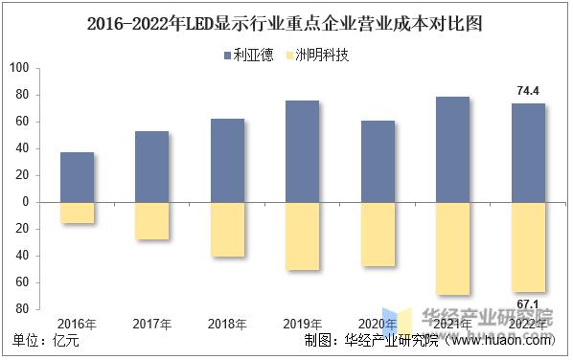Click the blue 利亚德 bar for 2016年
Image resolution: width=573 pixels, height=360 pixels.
click(x=77, y=177)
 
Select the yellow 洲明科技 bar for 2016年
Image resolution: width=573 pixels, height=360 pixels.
click(x=77, y=213)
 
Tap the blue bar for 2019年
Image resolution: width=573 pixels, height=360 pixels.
click(x=302, y=151)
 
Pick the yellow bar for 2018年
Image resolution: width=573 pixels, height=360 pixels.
click(x=227, y=230)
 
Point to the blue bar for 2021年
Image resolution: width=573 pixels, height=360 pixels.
click(x=452, y=149)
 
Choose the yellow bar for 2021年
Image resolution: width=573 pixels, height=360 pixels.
click(x=452, y=248)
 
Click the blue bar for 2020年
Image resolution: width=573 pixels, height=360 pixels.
click(x=378, y=161)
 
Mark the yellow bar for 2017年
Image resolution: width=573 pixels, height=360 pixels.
click(x=151, y=221)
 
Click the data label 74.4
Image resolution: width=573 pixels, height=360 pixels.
click(x=528, y=91)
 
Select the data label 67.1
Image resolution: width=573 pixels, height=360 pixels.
click(x=528, y=304)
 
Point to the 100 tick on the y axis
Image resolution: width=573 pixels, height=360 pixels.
click(x=20, y=68)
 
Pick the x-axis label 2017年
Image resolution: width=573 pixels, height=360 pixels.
click(x=151, y=324)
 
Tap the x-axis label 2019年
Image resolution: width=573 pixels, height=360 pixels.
click(x=302, y=324)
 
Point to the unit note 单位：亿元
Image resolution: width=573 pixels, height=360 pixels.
click(x=45, y=340)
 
